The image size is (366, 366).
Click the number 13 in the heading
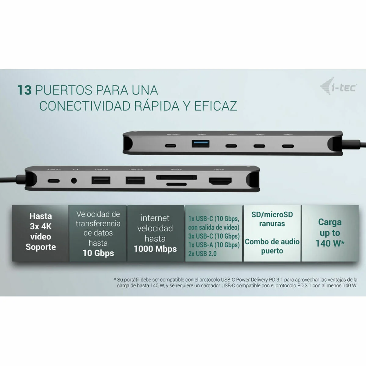click(24, 90)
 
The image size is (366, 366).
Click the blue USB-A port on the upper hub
click(200, 143)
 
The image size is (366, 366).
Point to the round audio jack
click(74, 181)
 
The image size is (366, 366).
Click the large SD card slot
click(176, 177)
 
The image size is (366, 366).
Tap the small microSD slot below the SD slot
click(177, 184)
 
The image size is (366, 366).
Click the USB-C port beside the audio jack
click(53, 181)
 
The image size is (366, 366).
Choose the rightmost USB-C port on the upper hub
click(287, 145)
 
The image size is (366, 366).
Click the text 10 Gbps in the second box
click(98, 253)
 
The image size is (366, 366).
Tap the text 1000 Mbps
click(155, 249)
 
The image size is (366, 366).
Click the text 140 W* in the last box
click(330, 243)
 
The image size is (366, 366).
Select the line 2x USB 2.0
click(202, 253)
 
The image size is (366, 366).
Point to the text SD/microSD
click(272, 215)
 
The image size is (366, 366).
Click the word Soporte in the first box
click(41, 247)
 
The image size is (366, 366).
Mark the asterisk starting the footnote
click(115, 279)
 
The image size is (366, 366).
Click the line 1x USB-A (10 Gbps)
click(214, 245)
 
